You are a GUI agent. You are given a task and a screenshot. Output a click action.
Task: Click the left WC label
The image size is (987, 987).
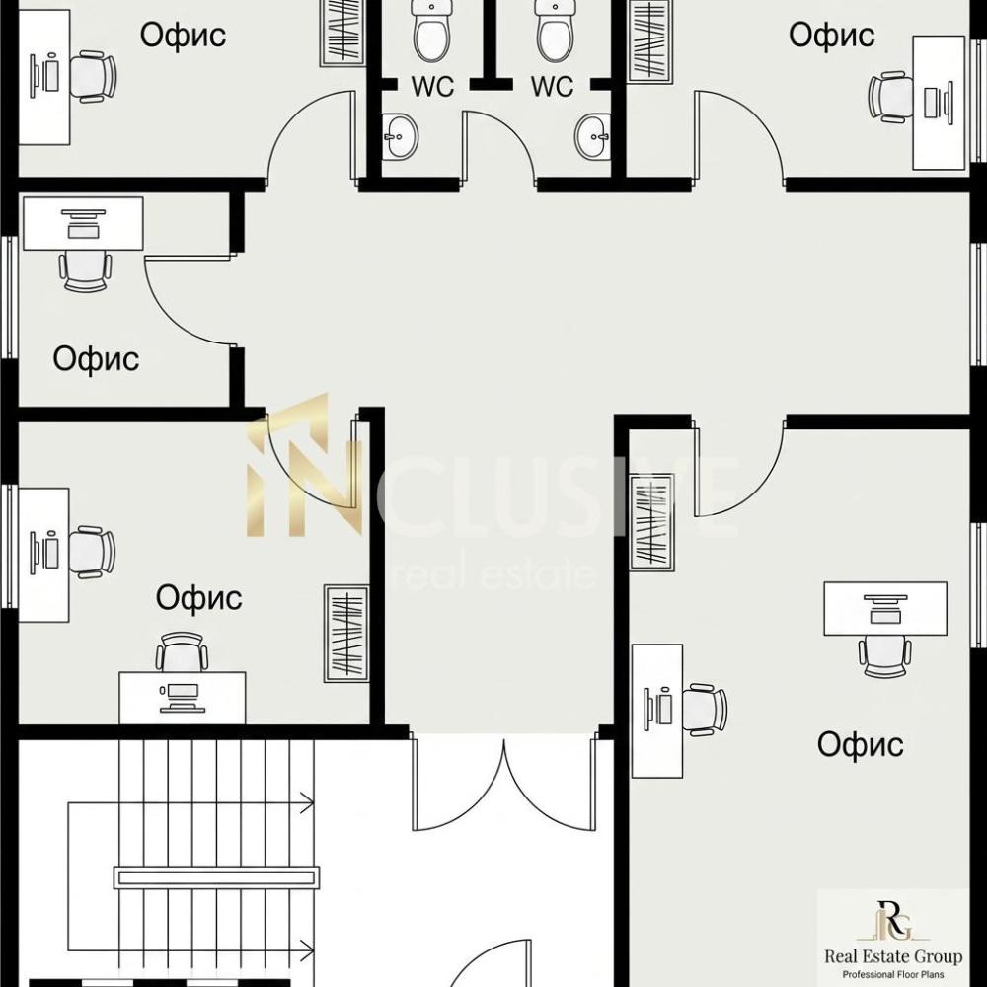[x=432, y=87]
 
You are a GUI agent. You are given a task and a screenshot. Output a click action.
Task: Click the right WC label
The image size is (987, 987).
[x=552, y=87]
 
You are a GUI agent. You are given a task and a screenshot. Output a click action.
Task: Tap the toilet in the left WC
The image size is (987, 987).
[x=431, y=31]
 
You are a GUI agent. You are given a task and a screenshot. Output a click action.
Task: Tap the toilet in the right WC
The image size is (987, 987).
[x=555, y=31]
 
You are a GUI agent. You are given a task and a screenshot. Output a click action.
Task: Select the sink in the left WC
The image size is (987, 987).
[x=401, y=135]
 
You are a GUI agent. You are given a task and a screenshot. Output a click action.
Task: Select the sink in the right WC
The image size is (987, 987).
[x=593, y=135]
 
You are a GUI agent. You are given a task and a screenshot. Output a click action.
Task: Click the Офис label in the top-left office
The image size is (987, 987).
[x=183, y=35]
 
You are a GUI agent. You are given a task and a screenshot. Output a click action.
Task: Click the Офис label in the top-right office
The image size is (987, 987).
[x=831, y=35]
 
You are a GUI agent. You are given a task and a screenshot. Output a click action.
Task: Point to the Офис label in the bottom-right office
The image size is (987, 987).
[x=860, y=744]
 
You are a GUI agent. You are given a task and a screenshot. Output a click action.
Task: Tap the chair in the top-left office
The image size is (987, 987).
[x=93, y=76]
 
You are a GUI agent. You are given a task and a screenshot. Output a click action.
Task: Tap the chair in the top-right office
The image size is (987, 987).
[x=890, y=97]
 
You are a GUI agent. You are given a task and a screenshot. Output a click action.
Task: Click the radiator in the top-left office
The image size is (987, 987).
[x=343, y=32]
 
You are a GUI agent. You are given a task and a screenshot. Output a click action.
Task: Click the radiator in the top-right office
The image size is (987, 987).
[x=650, y=40]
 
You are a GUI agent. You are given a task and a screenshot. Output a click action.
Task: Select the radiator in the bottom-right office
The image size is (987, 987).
[x=652, y=522]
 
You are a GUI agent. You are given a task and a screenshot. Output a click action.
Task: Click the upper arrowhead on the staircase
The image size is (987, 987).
[x=307, y=802]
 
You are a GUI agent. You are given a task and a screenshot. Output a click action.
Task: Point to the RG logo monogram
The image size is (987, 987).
[x=893, y=921]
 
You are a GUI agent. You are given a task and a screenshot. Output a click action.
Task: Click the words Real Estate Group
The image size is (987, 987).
[x=893, y=956]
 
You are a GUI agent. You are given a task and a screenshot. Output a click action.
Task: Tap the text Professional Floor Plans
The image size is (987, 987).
[x=893, y=975]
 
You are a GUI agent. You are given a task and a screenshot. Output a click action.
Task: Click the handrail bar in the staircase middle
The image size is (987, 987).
[x=216, y=877]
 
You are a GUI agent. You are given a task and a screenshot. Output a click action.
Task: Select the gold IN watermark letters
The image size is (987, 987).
[x=305, y=465]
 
